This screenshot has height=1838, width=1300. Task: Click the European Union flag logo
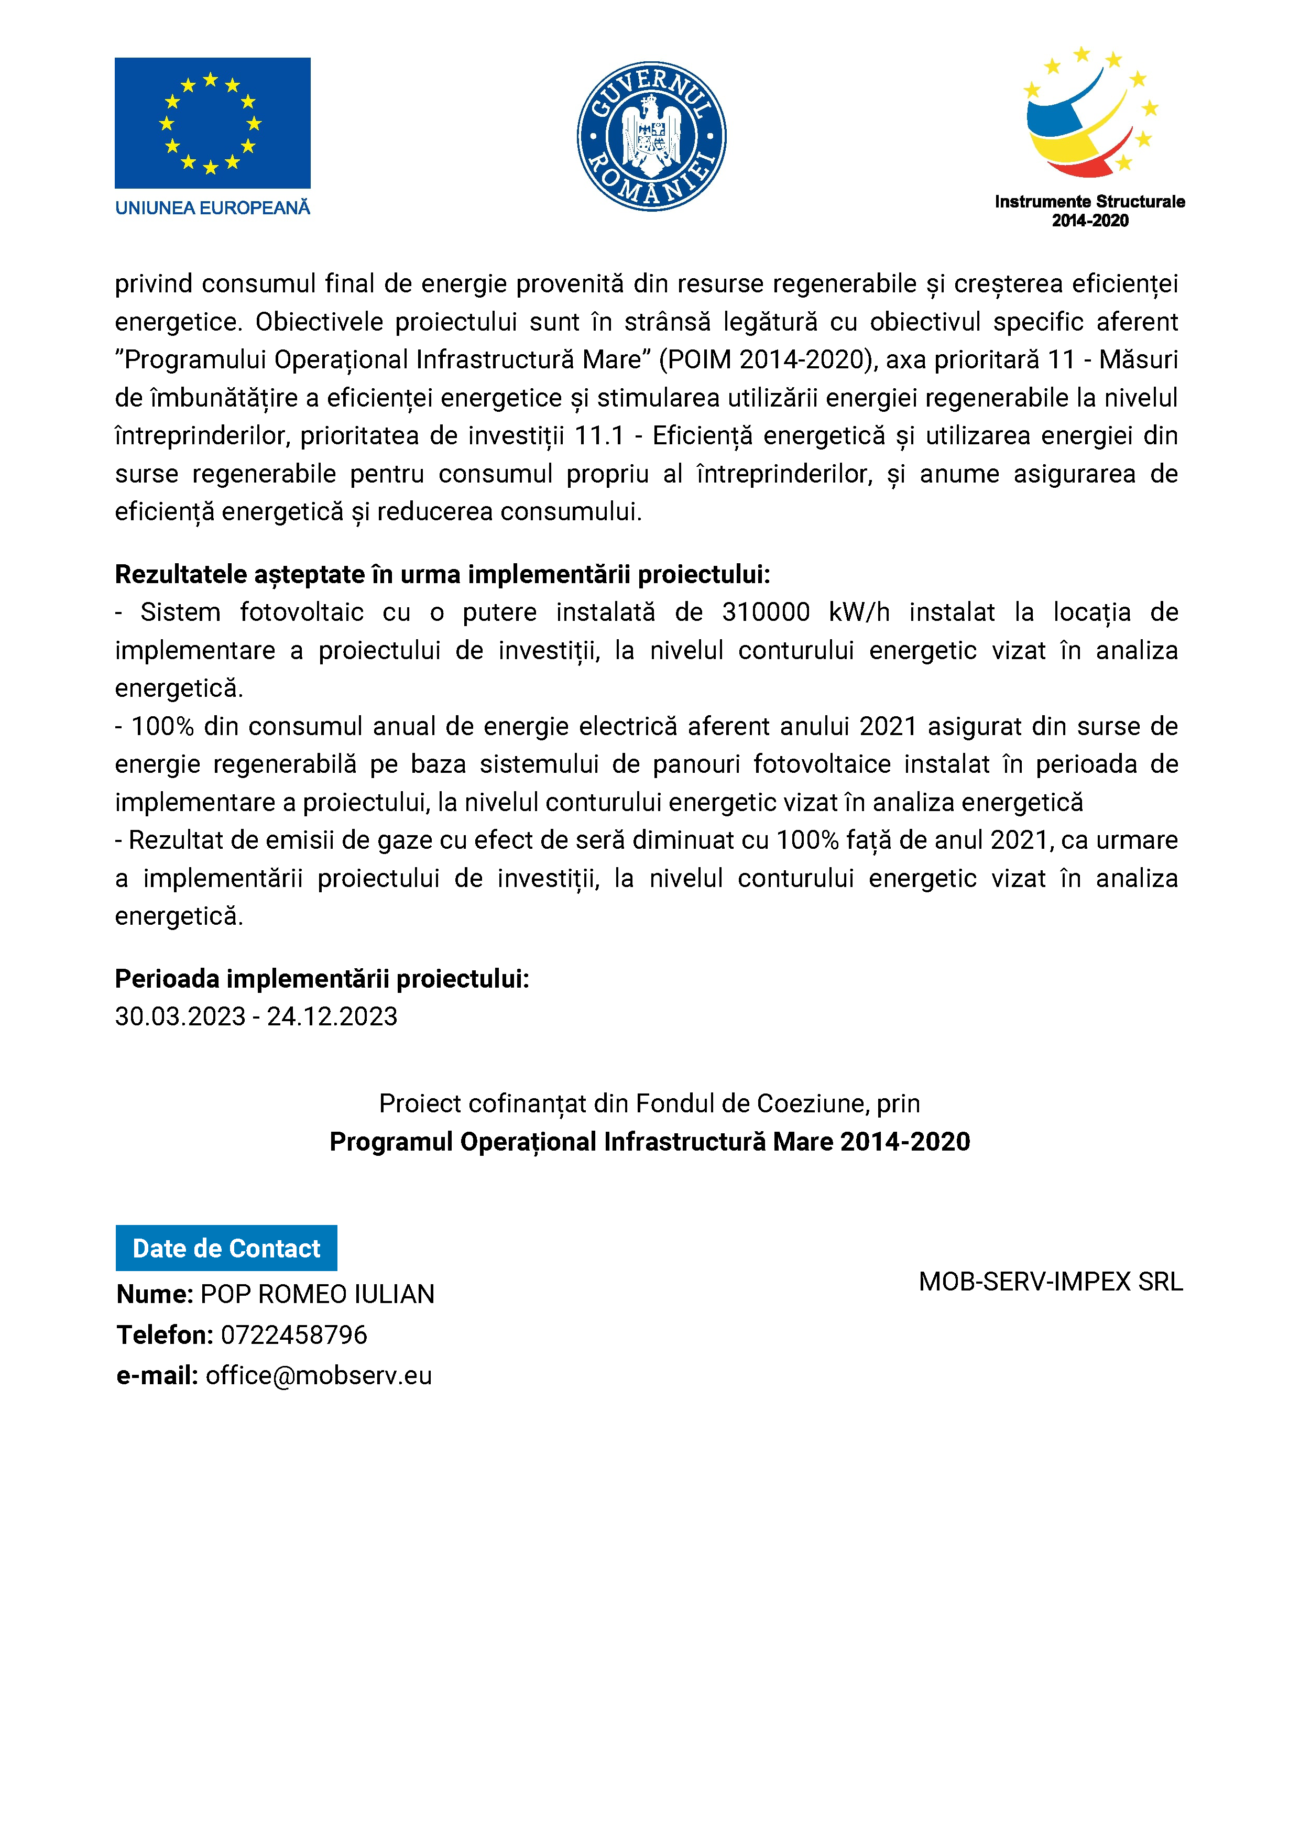[212, 123]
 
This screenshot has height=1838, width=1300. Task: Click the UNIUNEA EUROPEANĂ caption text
[212, 208]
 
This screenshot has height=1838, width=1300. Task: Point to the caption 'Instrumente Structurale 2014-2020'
[1089, 211]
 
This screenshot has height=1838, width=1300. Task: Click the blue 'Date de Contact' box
[226, 1248]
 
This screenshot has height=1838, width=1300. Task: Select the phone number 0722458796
[294, 1334]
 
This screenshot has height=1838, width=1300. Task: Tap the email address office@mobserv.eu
[319, 1375]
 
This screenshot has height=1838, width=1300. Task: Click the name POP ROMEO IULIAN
[317, 1294]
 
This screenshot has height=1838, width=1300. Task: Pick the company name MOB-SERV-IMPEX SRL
[1050, 1282]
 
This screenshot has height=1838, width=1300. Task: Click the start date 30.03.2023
[180, 1016]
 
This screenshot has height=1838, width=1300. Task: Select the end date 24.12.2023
[332, 1016]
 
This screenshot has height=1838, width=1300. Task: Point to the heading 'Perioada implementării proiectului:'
[322, 978]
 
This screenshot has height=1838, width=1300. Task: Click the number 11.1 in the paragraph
[599, 435]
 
